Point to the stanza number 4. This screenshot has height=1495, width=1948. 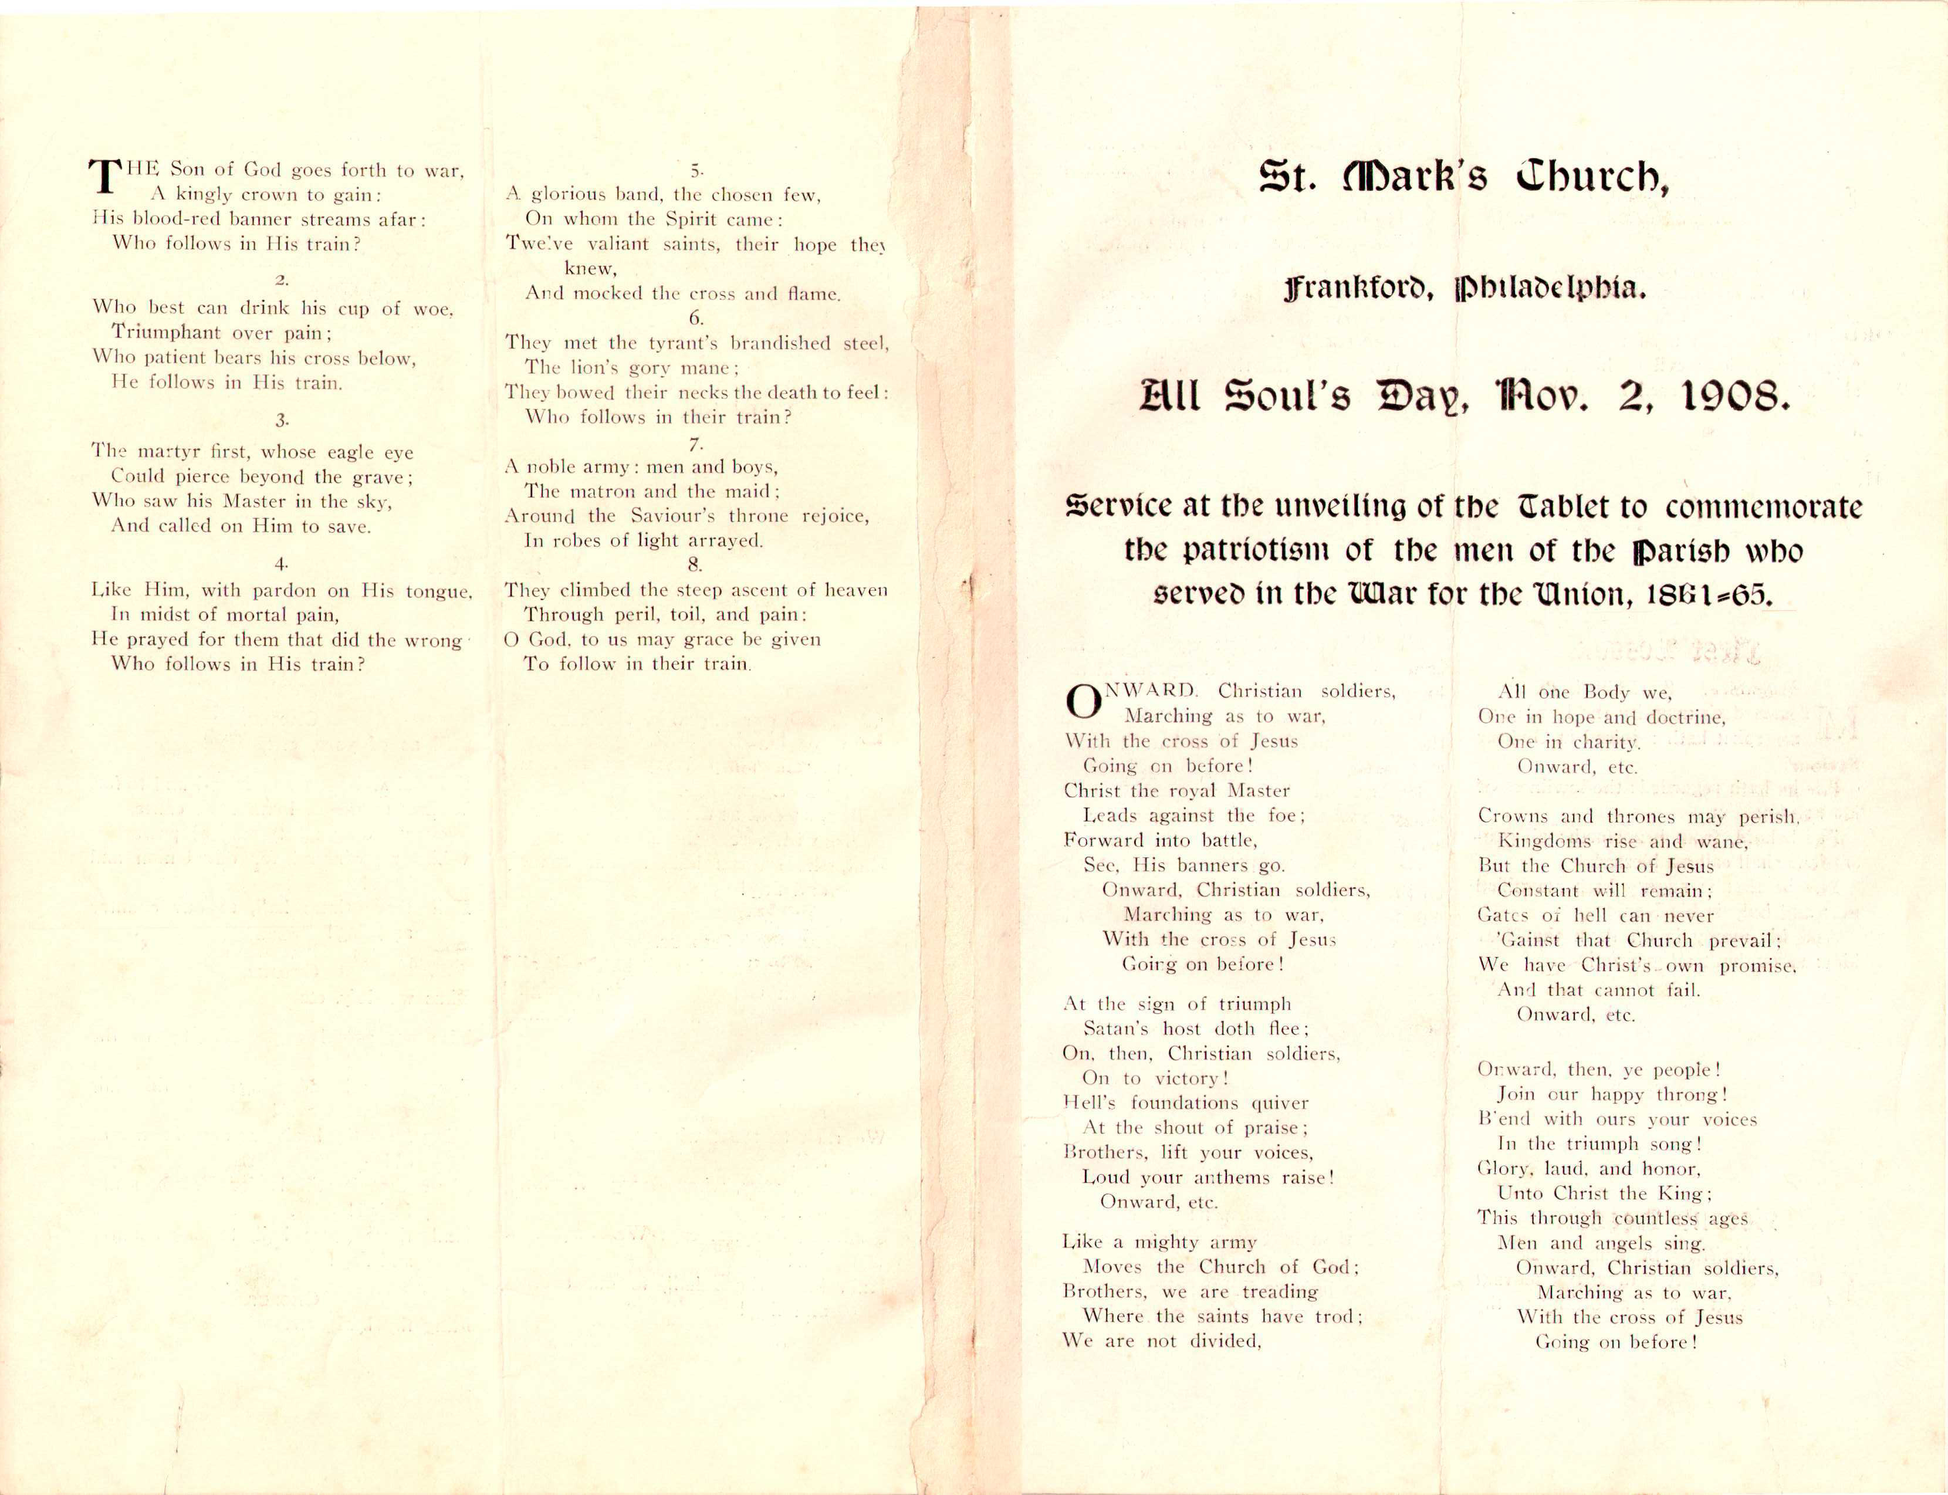(281, 563)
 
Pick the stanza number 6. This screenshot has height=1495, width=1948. (695, 317)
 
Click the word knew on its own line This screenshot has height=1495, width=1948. (589, 268)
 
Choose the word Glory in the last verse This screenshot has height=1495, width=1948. (1504, 1169)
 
